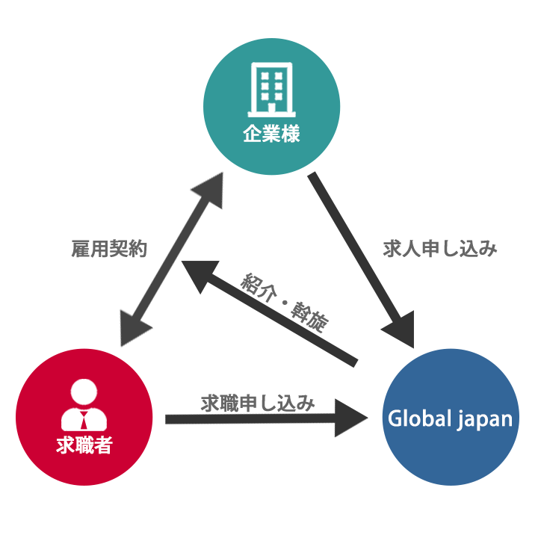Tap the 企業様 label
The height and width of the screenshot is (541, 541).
271,135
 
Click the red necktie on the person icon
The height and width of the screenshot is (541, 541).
84,418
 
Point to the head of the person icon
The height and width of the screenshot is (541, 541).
84,392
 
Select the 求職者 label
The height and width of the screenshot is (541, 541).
84,446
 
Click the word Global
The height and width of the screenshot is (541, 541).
415,418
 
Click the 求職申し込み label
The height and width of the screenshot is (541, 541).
259,404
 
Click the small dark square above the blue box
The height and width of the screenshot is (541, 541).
396,330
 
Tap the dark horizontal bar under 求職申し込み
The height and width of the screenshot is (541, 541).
266,425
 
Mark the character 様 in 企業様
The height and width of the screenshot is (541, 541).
291,135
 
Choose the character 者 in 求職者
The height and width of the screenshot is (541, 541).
103,446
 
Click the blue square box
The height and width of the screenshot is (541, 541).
450,463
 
